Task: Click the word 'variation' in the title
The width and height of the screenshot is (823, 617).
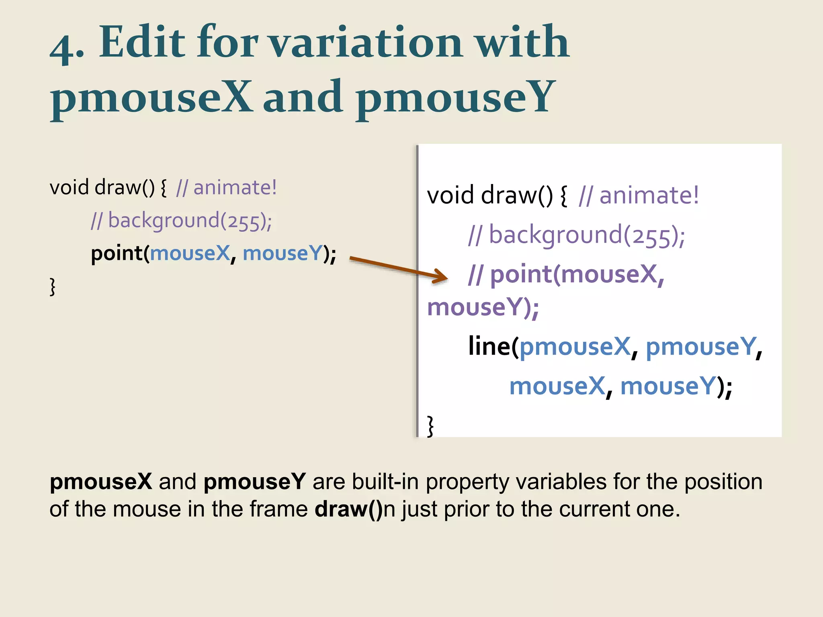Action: pos(366,42)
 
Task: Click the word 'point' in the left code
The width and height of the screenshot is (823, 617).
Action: pos(117,254)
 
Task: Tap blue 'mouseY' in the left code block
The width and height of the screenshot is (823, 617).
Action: pos(283,253)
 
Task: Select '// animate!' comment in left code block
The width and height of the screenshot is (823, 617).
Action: pos(226,188)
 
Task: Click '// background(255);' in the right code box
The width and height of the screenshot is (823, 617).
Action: pos(577,235)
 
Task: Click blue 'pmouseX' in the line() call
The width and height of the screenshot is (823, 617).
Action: pos(575,347)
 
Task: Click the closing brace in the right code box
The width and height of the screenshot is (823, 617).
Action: pos(430,426)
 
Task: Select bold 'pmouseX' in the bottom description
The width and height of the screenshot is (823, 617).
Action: pos(101,482)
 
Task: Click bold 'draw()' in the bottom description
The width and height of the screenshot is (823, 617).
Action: pos(349,509)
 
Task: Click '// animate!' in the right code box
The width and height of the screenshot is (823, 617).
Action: pos(639,196)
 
